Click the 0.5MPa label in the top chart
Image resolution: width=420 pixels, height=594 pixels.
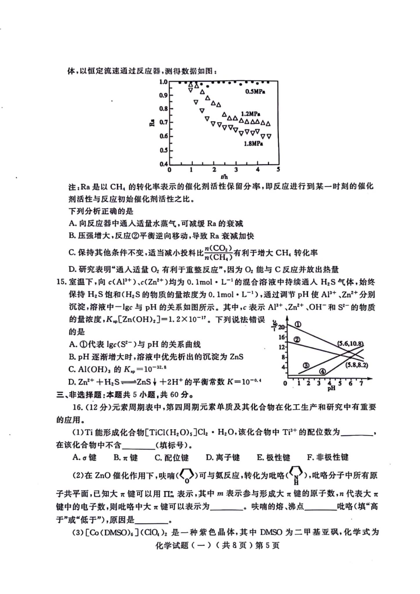(x=255, y=92)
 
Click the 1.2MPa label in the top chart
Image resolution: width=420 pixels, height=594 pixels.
(x=250, y=114)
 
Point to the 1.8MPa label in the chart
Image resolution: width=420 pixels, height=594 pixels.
(x=253, y=144)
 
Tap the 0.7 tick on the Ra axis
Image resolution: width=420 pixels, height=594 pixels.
(x=163, y=122)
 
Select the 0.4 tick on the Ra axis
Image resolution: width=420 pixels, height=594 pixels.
(x=163, y=164)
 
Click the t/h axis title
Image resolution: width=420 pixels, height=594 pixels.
(x=224, y=177)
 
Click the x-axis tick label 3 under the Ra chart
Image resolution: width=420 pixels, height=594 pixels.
(x=236, y=170)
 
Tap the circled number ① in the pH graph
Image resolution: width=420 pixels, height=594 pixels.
(x=298, y=324)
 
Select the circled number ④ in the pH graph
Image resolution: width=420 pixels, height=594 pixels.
(x=322, y=372)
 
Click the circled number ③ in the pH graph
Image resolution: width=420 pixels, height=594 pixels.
(x=306, y=365)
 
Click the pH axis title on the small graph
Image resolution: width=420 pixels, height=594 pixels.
(x=331, y=388)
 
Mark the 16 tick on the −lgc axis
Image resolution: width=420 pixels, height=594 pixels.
(x=282, y=337)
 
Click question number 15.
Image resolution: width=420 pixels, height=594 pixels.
(x=62, y=282)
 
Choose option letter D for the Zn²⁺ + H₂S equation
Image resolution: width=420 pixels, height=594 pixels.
(x=72, y=382)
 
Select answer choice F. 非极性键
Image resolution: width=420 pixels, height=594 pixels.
(x=327, y=457)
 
